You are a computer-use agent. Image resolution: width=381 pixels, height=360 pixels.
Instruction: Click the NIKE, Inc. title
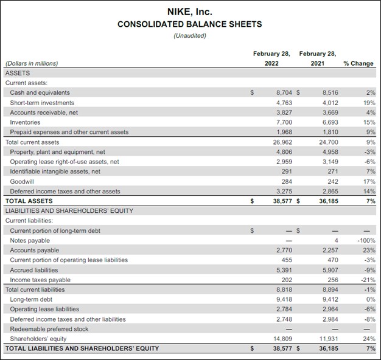tap(189, 12)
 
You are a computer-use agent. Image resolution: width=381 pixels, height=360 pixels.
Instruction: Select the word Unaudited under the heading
tap(189, 35)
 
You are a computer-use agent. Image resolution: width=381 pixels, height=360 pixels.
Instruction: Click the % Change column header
tap(358, 63)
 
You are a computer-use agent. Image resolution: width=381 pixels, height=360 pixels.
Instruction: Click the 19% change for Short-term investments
tap(368, 103)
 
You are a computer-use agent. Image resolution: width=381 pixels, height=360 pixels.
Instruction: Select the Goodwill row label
tap(22, 181)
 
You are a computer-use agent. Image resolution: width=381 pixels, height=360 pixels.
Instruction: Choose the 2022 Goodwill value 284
tap(287, 181)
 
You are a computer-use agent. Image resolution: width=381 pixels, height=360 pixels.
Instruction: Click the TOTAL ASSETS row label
tap(29, 201)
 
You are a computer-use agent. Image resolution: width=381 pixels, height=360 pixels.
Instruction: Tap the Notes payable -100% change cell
tap(366, 240)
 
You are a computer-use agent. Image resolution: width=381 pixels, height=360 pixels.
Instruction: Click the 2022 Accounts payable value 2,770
tap(284, 250)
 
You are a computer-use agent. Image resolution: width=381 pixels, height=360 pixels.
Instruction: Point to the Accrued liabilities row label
tap(34, 270)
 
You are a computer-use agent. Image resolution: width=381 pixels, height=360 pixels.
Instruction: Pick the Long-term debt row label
tap(31, 299)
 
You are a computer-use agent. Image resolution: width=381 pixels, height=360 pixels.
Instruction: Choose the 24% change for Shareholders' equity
tap(368, 339)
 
